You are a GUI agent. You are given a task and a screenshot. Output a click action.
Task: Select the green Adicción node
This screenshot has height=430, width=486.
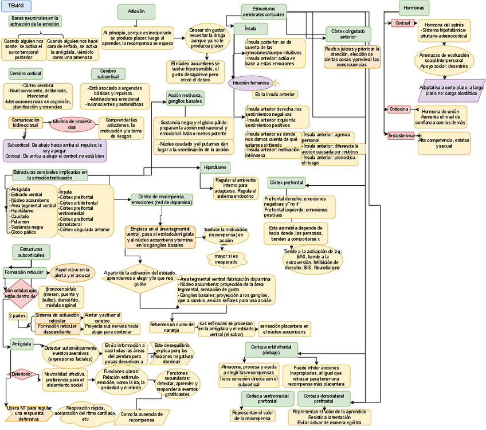[136, 11]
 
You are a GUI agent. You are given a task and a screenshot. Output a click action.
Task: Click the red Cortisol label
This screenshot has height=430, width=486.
[399, 23]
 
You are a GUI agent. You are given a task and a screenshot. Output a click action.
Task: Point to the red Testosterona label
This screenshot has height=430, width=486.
[401, 136]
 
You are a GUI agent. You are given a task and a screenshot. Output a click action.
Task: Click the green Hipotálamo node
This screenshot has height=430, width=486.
[215, 167]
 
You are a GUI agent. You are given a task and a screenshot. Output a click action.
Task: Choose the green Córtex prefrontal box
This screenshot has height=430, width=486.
[287, 182]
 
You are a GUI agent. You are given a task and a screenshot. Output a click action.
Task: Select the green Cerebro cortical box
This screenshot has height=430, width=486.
[26, 73]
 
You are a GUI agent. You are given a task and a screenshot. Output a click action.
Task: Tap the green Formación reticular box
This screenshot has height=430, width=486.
[23, 272]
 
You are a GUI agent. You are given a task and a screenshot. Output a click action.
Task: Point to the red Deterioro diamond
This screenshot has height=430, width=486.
[22, 374]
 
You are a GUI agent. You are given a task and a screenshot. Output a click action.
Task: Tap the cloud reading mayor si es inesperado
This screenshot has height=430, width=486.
[226, 259]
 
